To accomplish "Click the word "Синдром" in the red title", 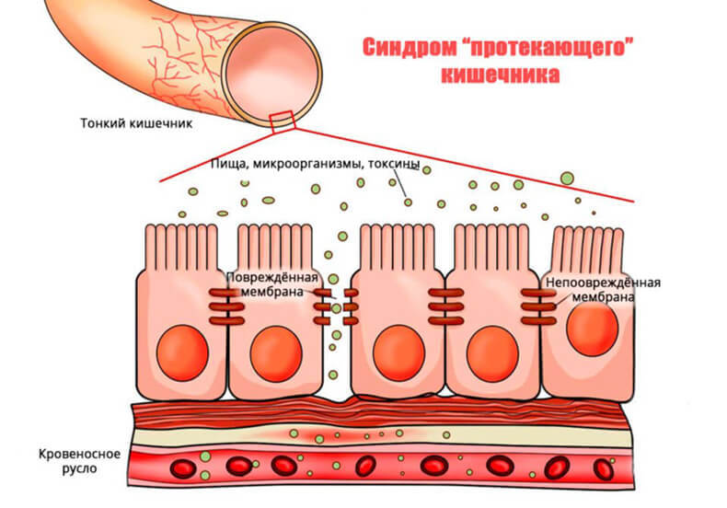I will [404, 47].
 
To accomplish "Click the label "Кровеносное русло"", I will [76, 462].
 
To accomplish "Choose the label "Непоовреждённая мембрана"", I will [603, 290].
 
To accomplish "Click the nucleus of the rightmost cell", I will [593, 329].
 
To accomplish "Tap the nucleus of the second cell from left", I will [275, 352].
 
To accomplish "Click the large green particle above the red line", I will [568, 178].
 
